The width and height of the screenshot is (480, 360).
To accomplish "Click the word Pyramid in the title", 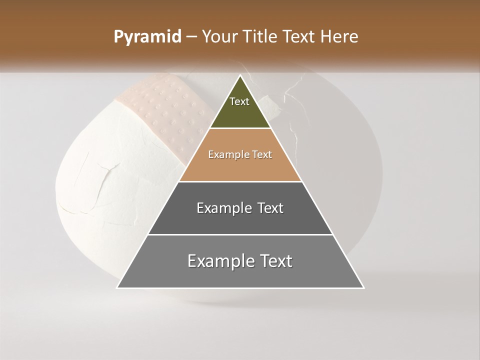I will click(147, 37).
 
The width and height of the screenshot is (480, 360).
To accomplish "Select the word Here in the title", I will click(339, 37).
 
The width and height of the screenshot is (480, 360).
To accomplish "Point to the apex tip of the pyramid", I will click(240, 76).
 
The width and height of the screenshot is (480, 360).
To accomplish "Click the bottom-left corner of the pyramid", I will click(118, 287).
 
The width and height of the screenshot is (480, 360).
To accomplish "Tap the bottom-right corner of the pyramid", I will click(363, 287).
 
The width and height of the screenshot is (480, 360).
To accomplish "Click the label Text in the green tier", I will click(239, 101).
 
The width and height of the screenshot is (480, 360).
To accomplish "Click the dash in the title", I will click(191, 37).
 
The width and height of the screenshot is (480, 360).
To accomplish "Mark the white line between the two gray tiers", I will click(240, 234).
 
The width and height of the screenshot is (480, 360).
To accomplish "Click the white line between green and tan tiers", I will click(240, 128).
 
